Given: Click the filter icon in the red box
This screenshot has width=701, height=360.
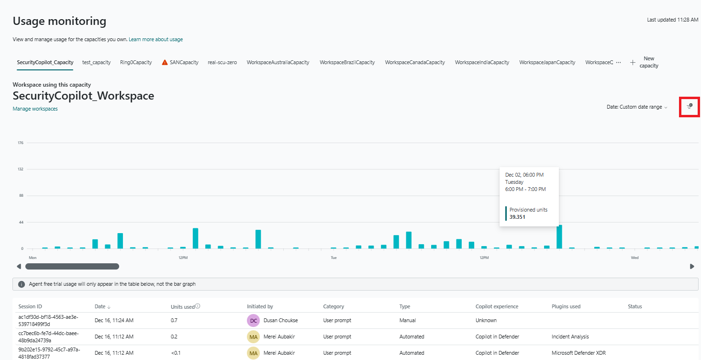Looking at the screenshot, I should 690,106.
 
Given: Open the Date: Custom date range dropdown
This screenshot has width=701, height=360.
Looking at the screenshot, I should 637,107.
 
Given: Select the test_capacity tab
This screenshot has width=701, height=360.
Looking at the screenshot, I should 96,62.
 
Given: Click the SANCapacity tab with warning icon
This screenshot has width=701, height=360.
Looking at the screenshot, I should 180,62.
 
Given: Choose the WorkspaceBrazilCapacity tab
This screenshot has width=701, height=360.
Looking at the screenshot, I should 347,62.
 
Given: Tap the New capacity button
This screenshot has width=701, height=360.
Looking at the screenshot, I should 644,62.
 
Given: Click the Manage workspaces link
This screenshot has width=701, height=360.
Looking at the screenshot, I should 35,109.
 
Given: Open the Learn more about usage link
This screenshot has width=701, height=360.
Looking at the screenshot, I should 156,39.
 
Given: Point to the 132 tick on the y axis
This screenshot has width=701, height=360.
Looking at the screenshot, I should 21,169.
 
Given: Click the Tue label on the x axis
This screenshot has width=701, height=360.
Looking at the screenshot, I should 334,258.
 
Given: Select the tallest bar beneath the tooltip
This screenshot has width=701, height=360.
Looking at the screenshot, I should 559,236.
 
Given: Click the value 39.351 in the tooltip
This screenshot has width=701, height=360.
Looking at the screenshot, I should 517,217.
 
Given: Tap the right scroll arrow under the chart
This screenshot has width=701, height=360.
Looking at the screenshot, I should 692,266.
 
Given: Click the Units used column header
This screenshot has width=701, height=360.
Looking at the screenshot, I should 182,306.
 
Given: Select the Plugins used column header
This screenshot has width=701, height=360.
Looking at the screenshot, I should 566,306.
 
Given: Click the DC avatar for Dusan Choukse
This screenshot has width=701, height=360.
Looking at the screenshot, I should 253,320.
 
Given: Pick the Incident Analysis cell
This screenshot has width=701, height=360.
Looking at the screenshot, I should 570,337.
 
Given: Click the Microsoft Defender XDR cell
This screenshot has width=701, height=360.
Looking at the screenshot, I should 577,353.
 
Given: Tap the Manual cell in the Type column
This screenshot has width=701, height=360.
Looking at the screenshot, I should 407,320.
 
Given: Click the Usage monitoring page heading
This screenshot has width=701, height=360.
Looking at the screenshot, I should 59,21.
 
